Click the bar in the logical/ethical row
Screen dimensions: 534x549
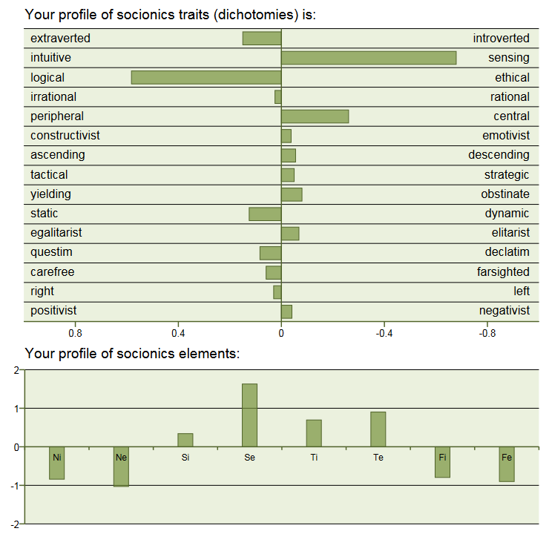click(206, 77)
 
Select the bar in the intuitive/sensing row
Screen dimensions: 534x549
click(369, 58)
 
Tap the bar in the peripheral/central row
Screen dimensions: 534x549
click(315, 116)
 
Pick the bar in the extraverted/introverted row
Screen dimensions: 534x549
click(262, 39)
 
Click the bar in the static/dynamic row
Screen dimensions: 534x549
click(265, 214)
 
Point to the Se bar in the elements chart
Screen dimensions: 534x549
click(249, 415)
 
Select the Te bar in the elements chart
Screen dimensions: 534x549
click(378, 429)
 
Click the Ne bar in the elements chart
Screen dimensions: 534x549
click(121, 467)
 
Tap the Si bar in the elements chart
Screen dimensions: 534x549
click(185, 440)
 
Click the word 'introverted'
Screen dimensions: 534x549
click(502, 39)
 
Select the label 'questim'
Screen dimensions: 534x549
click(51, 252)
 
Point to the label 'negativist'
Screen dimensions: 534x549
click(504, 311)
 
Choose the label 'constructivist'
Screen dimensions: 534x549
click(65, 136)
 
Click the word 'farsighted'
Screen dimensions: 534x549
click(503, 271)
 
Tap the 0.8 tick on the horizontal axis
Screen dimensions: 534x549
click(75, 334)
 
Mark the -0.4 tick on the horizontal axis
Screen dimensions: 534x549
click(384, 334)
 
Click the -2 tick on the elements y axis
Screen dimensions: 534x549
click(16, 525)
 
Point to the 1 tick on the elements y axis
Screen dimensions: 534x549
click(17, 409)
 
